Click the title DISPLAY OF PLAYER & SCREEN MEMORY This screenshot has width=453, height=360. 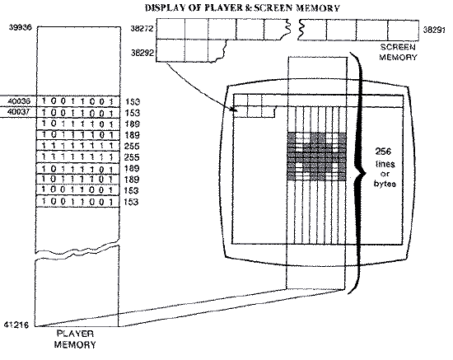tap(242, 7)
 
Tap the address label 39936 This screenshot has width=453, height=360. tap(21, 27)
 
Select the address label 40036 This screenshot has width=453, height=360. tap(19, 101)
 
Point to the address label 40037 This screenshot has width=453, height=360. tap(18, 112)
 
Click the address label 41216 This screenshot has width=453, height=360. tap(16, 325)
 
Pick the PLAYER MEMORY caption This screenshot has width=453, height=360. tap(75, 339)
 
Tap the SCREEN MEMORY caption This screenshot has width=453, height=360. tap(398, 52)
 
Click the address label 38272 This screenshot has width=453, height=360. tap(142, 29)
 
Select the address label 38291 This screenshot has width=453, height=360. tap(434, 30)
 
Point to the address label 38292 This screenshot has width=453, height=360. tap(142, 53)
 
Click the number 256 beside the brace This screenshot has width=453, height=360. tap(383, 152)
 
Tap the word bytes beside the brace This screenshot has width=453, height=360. tap(385, 184)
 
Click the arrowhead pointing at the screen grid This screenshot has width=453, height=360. tap(235, 110)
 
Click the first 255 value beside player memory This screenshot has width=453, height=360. tap(132, 146)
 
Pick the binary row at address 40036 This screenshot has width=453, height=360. tap(77, 101)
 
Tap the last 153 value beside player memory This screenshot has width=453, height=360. tap(131, 202)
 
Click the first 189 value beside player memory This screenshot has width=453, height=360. tap(133, 124)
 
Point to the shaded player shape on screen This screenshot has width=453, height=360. tap(316, 157)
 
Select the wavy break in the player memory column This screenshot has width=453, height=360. tap(77, 250)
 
